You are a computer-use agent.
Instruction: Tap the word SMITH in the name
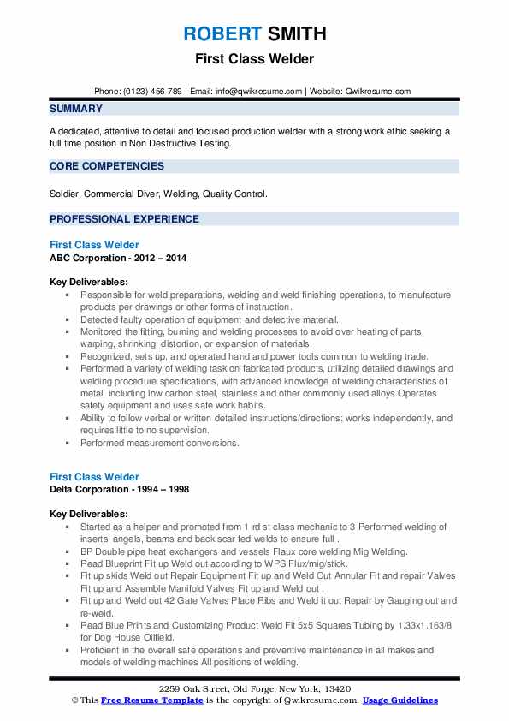(x=296, y=34)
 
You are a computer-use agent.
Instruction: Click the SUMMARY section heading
(x=76, y=109)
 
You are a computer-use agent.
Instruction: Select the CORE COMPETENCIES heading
(x=107, y=166)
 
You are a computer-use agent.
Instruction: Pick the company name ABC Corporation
(x=88, y=258)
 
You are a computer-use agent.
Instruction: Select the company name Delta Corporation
(x=90, y=489)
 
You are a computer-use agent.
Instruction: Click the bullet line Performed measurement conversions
(x=160, y=444)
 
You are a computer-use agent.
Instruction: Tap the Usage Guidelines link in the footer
(x=400, y=700)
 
